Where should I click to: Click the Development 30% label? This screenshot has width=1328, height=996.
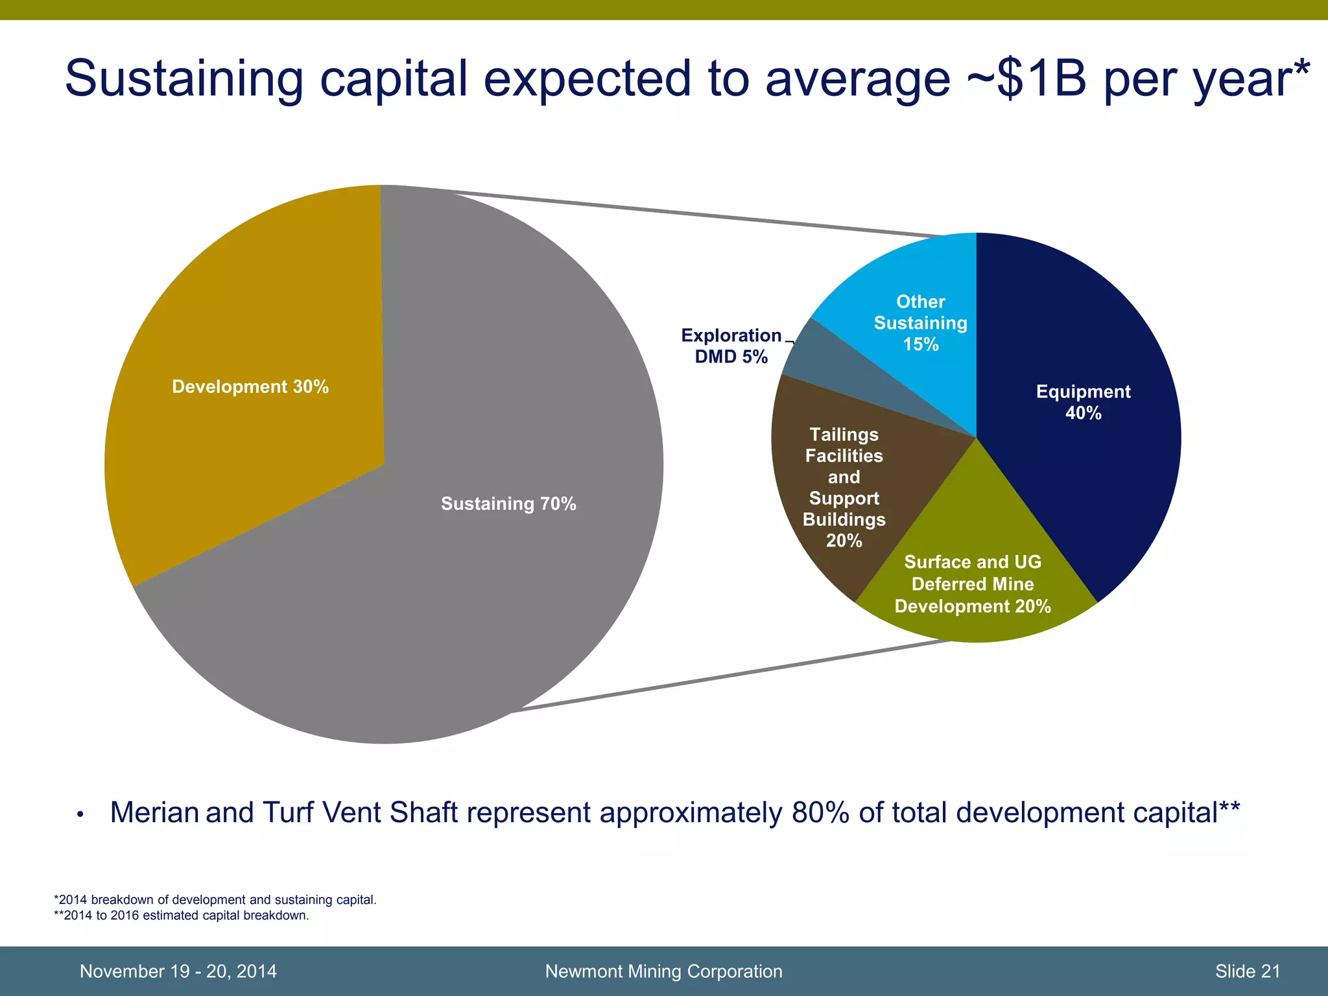pyautogui.click(x=250, y=387)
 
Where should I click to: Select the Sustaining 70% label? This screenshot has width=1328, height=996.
pyautogui.click(x=508, y=504)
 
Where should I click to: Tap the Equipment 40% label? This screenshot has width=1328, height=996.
pyautogui.click(x=1083, y=402)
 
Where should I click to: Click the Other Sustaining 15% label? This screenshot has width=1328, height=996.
pyautogui.click(x=920, y=323)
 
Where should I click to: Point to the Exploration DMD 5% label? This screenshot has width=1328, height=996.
pyautogui.click(x=731, y=346)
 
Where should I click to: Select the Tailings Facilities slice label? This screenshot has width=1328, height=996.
pyautogui.click(x=844, y=487)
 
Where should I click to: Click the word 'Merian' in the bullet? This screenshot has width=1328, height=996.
pyautogui.click(x=154, y=812)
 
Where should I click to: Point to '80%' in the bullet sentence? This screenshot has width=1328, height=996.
pyautogui.click(x=820, y=812)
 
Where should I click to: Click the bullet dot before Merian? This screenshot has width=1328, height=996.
pyautogui.click(x=80, y=814)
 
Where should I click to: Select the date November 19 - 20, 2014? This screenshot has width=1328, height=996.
pyautogui.click(x=178, y=971)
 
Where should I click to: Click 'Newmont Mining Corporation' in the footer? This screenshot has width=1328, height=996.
pyautogui.click(x=663, y=971)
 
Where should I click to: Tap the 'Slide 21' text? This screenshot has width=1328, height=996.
pyautogui.click(x=1248, y=971)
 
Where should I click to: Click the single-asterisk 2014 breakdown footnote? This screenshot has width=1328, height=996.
pyautogui.click(x=215, y=900)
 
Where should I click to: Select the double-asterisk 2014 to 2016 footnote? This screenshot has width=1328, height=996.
pyautogui.click(x=181, y=916)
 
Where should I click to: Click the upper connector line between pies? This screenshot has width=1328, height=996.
pyautogui.click(x=681, y=211)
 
